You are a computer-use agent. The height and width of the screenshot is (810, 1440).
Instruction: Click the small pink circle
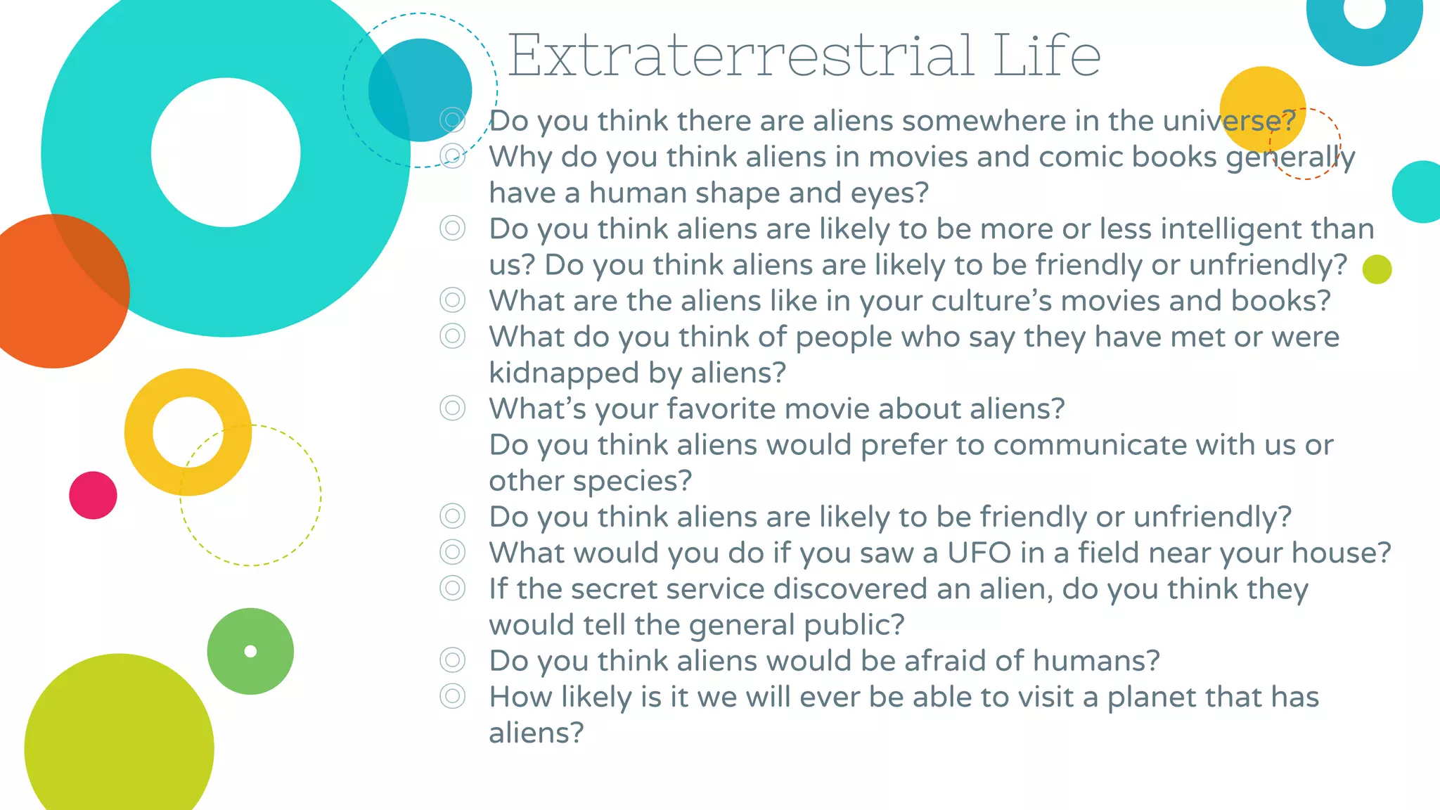93,495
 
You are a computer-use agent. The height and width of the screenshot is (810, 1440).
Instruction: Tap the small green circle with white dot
250,651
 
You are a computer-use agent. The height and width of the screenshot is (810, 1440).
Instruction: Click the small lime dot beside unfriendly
1377,269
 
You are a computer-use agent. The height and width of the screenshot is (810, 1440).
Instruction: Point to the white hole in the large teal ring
226,153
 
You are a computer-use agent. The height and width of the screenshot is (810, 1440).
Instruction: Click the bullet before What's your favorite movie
452,408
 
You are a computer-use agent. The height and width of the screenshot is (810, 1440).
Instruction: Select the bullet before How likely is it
452,696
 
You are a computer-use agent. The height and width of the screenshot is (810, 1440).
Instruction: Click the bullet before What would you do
452,552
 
